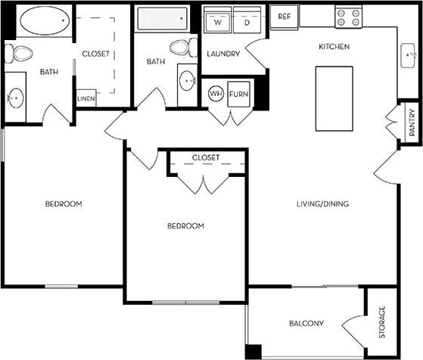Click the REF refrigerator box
285,16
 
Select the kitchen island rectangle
332,98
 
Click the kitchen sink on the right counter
408,54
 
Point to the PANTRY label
412,123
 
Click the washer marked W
218,22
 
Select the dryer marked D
247,22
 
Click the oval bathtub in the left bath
43,22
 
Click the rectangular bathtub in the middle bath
165,21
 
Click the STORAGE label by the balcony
382,322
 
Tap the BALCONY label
306,324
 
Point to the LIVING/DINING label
322,203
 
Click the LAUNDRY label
223,54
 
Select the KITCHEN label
334,47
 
